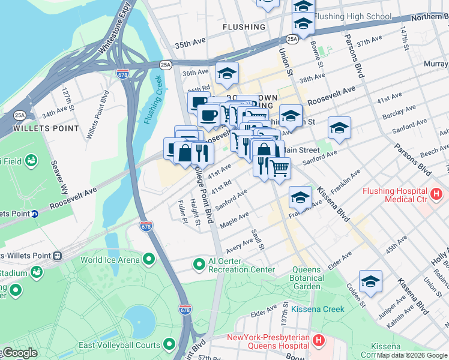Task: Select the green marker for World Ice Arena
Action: tap(148, 259)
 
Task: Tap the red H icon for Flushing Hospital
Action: tap(436, 194)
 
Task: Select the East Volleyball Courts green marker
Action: tap(170, 345)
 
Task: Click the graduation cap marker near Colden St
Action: tap(370, 281)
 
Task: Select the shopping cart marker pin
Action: tap(279, 168)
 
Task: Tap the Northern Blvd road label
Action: tap(430, 17)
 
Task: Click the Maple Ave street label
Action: tap(234, 220)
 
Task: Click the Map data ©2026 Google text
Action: tap(411, 355)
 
